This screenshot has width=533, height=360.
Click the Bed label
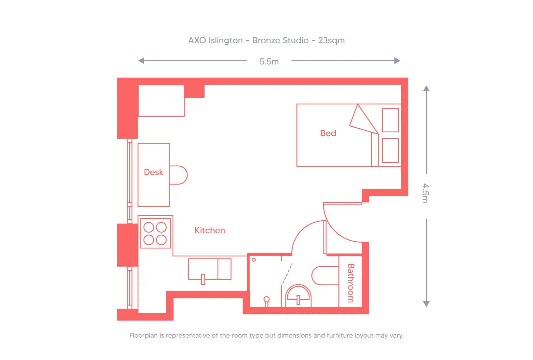pos(328,133)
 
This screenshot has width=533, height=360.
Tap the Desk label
pos(153,172)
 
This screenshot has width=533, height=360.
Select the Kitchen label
pos(210,230)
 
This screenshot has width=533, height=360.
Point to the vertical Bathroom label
pos(350,283)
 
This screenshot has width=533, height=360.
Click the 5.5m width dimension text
pos(269,62)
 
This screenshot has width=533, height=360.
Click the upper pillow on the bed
pos(390,120)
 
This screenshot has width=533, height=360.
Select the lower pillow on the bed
pos(390,150)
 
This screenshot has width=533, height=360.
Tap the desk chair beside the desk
pos(180,175)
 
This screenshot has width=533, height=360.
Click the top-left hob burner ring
pos(149,227)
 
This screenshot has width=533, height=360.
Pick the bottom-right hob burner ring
pos(162,240)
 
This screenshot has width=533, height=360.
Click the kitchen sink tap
pos(203,279)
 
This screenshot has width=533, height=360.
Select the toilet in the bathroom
pos(325,276)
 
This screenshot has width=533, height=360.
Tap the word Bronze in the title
pos(266,41)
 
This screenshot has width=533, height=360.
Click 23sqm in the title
pos(331,41)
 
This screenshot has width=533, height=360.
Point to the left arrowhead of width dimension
pos(141,61)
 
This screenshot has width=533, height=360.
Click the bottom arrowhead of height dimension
pos(426,304)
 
